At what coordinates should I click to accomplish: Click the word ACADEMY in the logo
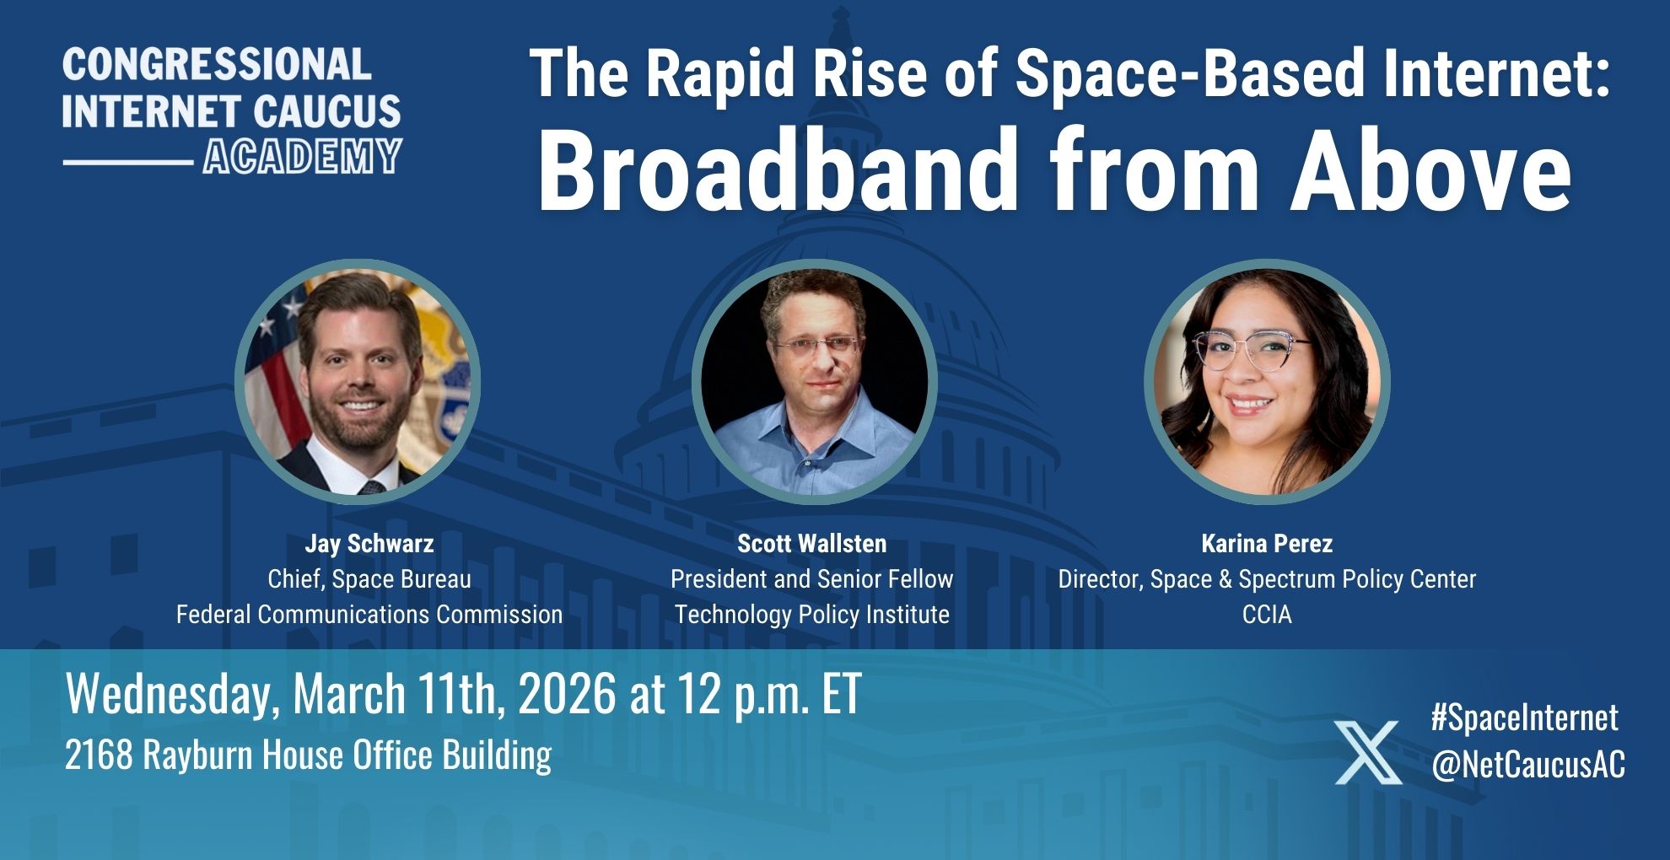point(302,157)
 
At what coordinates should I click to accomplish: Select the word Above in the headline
point(1430,170)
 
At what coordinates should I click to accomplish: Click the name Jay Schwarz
point(369,544)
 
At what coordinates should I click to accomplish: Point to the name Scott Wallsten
point(811,544)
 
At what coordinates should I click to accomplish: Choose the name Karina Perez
point(1267,544)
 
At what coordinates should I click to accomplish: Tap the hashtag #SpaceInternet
point(1525,718)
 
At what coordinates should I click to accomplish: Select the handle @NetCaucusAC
point(1527,765)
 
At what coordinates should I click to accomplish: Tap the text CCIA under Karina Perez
point(1267,615)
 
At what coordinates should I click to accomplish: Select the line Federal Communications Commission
point(369,615)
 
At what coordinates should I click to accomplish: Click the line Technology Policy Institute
point(811,615)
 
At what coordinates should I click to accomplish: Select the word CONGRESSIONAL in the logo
point(217,64)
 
